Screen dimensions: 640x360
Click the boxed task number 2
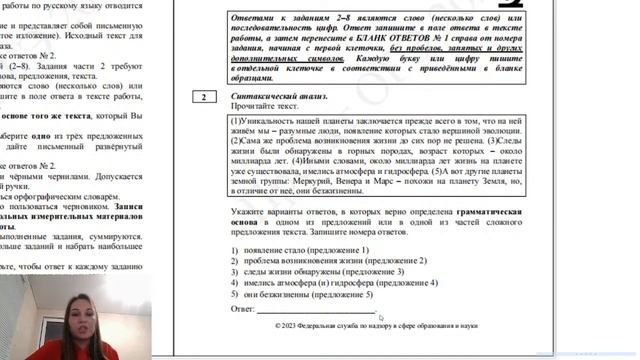[x=203, y=97]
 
